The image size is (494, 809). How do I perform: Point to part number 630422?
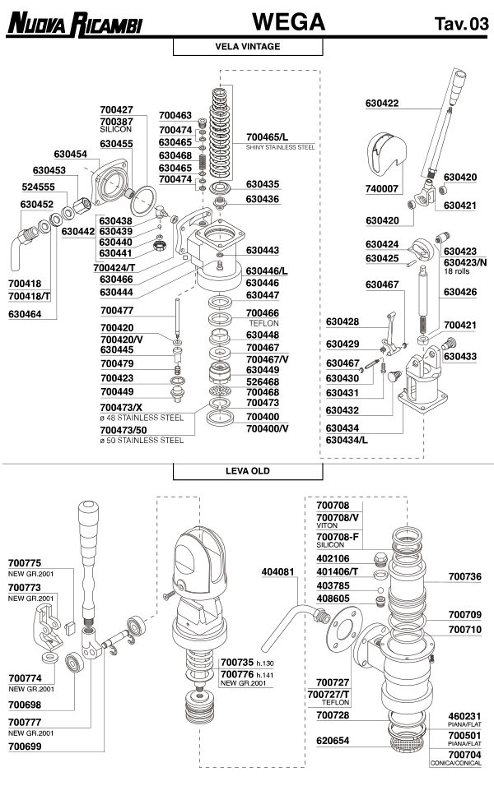(382, 103)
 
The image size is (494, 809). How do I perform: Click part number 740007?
(382, 188)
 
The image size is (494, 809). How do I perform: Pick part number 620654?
(333, 740)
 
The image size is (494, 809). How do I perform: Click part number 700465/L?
(268, 136)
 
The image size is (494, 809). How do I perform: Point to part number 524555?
(38, 187)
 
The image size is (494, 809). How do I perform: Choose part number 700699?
(25, 748)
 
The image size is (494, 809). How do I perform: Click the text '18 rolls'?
(458, 270)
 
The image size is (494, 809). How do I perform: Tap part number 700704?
(464, 753)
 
